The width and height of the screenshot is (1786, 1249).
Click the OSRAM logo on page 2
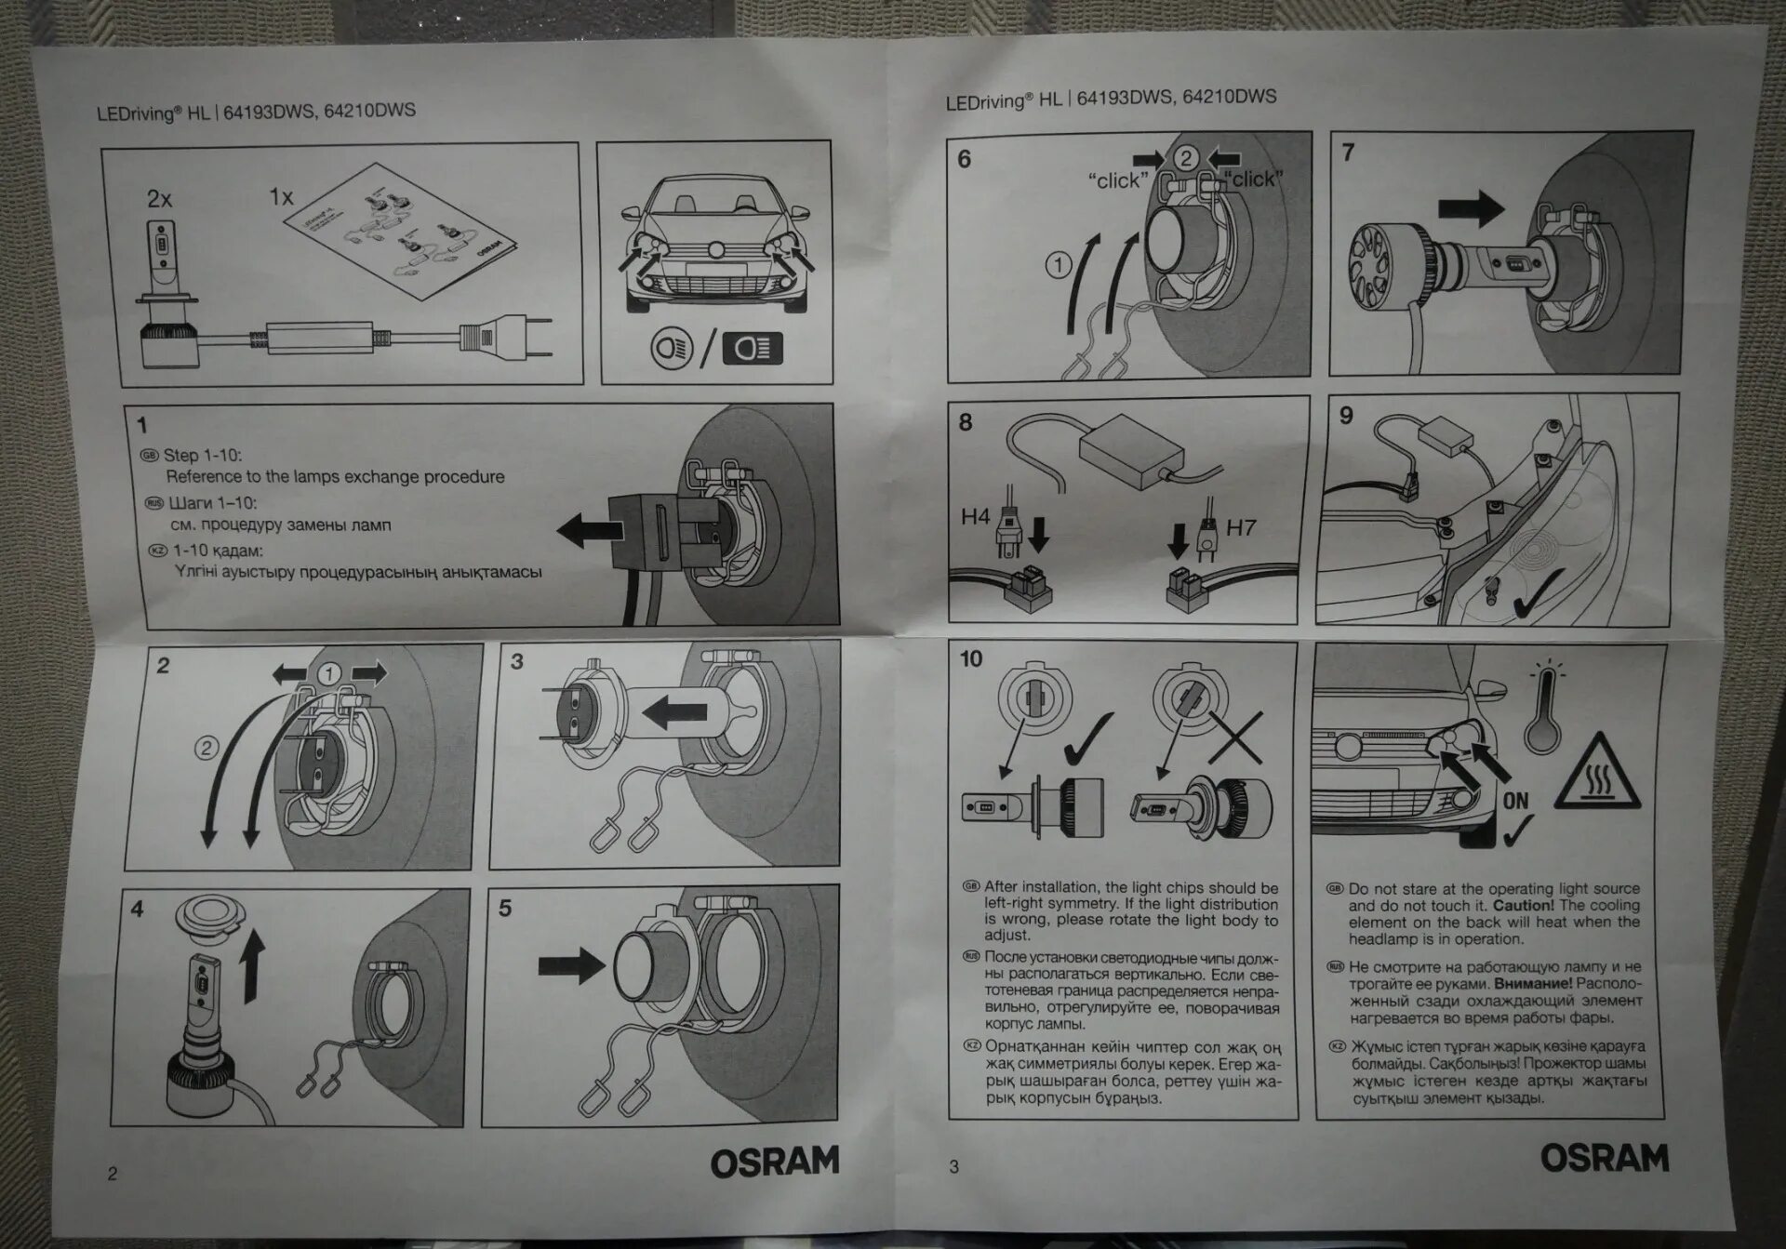tap(774, 1162)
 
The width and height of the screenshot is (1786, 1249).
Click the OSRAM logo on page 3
tap(1605, 1157)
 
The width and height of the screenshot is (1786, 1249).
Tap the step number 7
tap(1349, 152)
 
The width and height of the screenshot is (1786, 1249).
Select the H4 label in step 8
tap(975, 516)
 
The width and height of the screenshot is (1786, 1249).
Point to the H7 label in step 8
tap(1241, 528)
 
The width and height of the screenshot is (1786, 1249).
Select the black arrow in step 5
tap(571, 964)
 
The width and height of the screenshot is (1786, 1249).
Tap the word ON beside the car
tap(1515, 800)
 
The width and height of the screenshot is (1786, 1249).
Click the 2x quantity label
tap(159, 199)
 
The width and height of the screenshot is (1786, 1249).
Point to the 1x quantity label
tap(281, 197)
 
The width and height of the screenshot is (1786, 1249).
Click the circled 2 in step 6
tap(1185, 158)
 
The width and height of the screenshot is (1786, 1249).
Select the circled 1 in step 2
tap(328, 674)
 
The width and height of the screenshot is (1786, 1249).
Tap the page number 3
tap(953, 1166)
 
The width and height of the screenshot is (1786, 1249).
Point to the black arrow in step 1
tap(590, 531)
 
